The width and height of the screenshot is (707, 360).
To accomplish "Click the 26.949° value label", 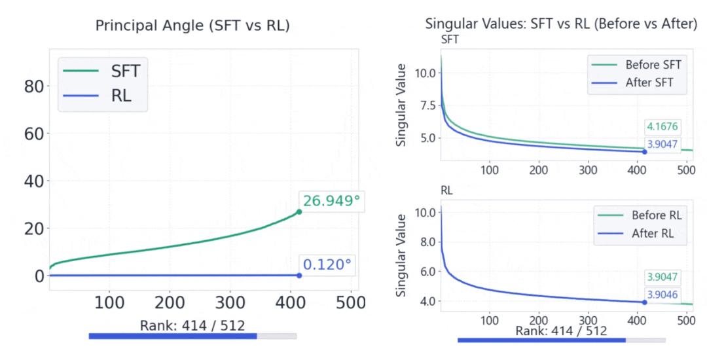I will (x=331, y=201).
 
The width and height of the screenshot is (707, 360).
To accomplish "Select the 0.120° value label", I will (x=327, y=265).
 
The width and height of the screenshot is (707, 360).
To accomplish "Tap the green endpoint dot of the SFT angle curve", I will (x=299, y=211).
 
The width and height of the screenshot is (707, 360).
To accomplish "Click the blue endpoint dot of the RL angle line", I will (x=299, y=276).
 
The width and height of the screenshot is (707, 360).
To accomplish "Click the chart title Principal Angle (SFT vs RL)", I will (x=192, y=26).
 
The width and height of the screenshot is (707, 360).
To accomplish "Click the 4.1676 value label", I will (x=662, y=127).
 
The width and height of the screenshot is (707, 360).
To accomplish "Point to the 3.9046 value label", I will (x=662, y=295).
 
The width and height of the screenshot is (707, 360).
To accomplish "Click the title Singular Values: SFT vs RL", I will (x=561, y=25).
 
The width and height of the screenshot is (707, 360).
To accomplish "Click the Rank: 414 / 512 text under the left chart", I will (x=192, y=325).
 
